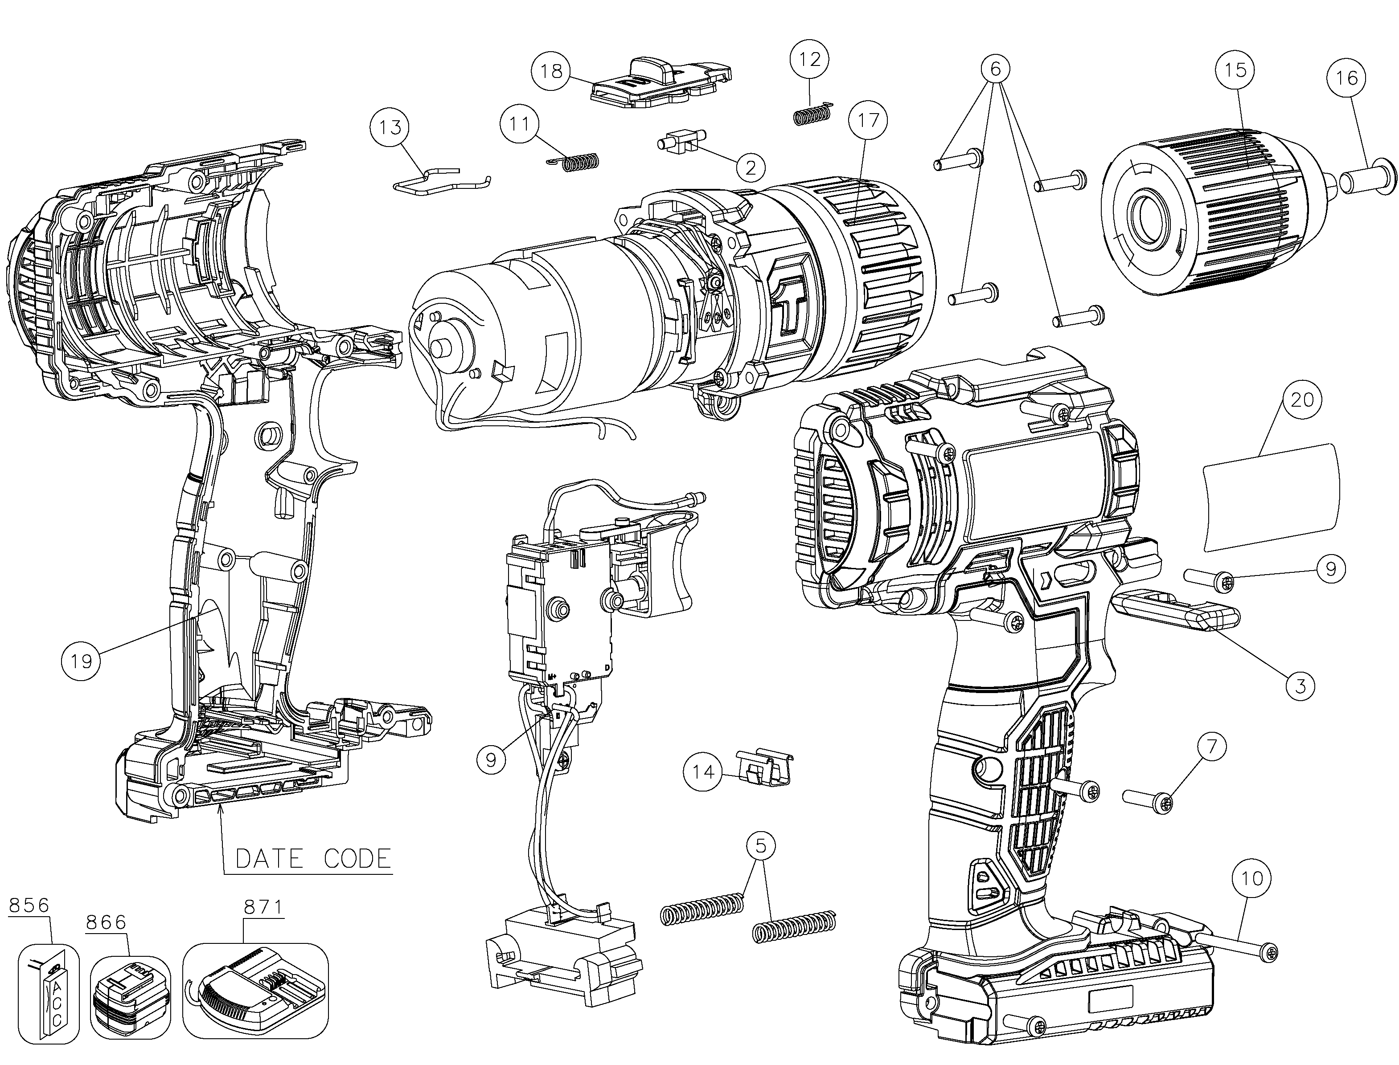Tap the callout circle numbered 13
click(x=390, y=127)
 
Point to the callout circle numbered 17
click(x=868, y=120)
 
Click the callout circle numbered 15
click(x=1235, y=70)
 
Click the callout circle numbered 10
click(x=1251, y=878)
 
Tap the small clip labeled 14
click(x=764, y=768)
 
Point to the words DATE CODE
click(x=313, y=858)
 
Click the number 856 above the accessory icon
click(x=29, y=905)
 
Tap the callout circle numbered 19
click(x=81, y=661)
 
